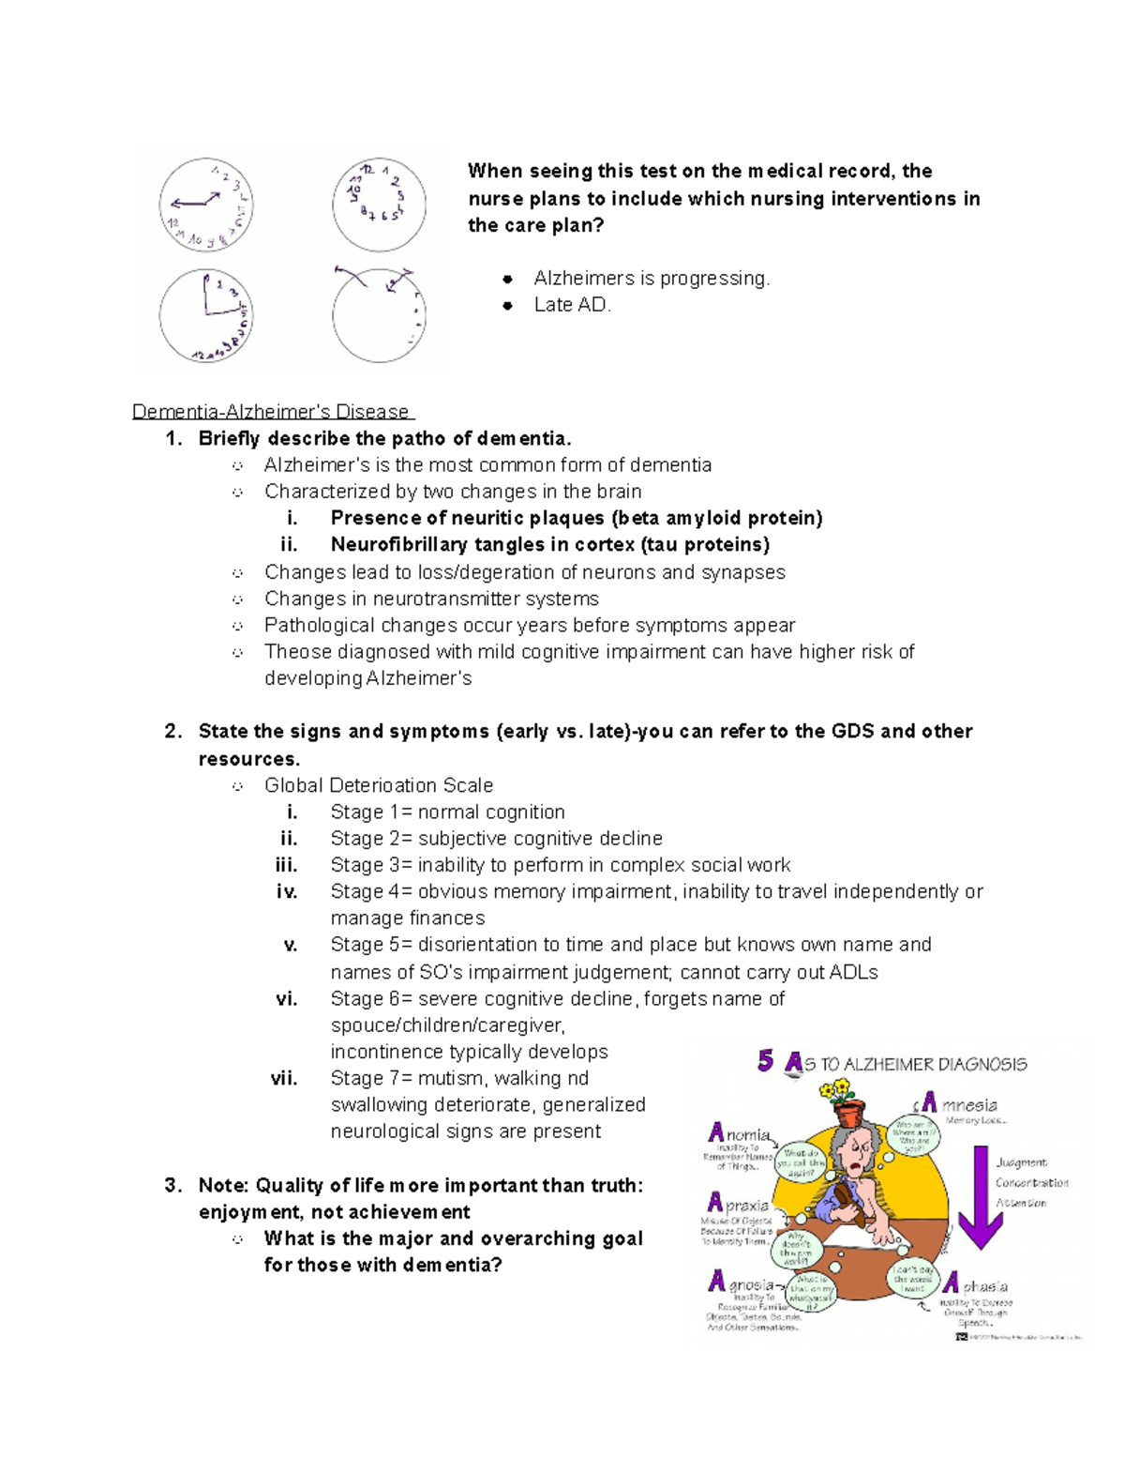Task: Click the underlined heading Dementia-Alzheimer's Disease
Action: click(x=271, y=412)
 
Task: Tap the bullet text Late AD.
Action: click(x=572, y=305)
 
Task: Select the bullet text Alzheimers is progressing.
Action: click(x=651, y=279)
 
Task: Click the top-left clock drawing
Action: click(x=206, y=205)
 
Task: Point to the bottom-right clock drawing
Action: click(x=380, y=315)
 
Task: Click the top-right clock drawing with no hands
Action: click(x=380, y=205)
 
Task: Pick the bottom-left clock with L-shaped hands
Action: click(x=206, y=315)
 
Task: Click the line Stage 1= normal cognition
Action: click(x=447, y=812)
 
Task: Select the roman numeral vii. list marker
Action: click(x=284, y=1079)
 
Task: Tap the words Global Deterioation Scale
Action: click(x=378, y=785)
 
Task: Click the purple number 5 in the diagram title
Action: click(x=766, y=1061)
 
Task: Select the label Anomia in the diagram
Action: click(x=740, y=1134)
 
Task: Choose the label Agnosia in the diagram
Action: click(x=741, y=1282)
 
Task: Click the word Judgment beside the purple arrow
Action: click(x=1021, y=1163)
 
